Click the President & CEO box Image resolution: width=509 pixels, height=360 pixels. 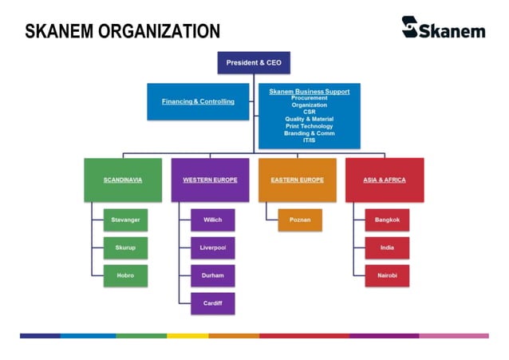point(254,62)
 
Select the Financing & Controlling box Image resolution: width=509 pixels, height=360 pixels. point(198,101)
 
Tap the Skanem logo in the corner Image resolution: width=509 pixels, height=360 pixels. point(444,29)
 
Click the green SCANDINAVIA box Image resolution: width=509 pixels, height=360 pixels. point(123,180)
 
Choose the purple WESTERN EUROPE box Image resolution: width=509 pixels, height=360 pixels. point(210,180)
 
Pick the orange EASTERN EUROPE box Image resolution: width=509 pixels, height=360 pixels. point(297,180)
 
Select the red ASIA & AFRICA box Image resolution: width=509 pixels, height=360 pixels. point(384,180)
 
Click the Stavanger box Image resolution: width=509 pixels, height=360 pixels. point(125,220)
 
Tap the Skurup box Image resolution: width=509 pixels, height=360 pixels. point(125,247)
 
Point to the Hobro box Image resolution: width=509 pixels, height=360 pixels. point(125,275)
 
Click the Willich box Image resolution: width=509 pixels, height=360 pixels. point(212,220)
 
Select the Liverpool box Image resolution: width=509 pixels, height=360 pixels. point(212,247)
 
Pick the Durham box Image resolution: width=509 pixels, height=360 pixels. point(212,275)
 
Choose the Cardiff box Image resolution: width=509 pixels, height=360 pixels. point(212,303)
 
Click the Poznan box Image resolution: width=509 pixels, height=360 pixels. point(300,220)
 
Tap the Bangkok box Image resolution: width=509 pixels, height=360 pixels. point(387,220)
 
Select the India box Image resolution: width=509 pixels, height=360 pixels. point(387,247)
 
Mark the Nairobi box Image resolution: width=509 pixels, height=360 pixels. point(387,275)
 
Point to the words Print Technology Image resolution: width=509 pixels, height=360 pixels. point(309,126)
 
